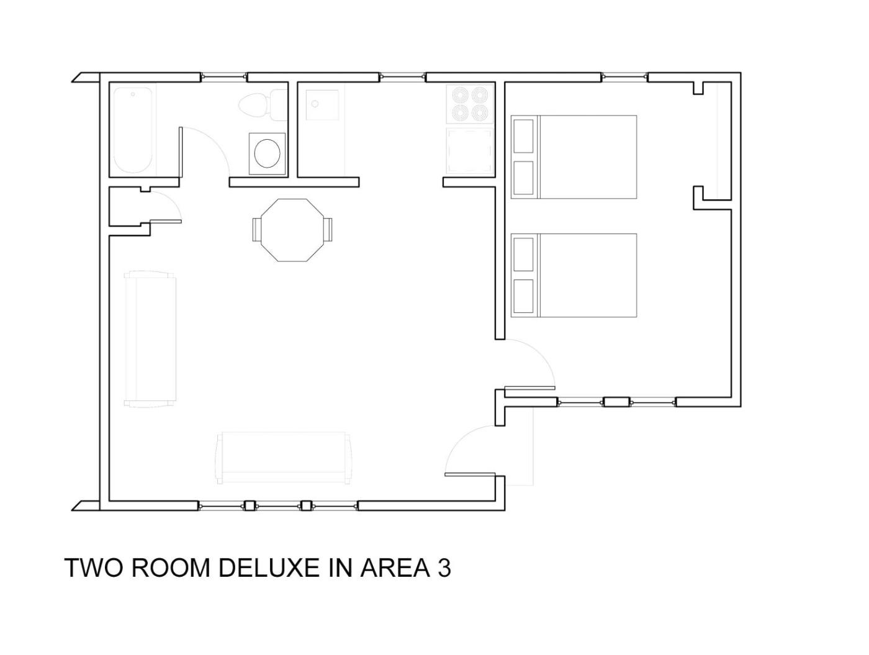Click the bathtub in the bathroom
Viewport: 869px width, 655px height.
pyautogui.click(x=132, y=130)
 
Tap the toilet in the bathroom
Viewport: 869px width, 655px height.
pyautogui.click(x=263, y=105)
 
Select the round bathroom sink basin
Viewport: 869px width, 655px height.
pyautogui.click(x=267, y=153)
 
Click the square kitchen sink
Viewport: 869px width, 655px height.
pyautogui.click(x=322, y=105)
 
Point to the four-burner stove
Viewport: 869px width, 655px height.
pyautogui.click(x=470, y=104)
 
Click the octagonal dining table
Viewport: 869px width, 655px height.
pyautogui.click(x=292, y=230)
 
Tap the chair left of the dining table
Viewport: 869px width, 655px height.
pyautogui.click(x=257, y=230)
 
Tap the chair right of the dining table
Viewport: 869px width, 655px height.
pyautogui.click(x=328, y=230)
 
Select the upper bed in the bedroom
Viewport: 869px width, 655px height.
pyautogui.click(x=574, y=157)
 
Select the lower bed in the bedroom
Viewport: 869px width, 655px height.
pyautogui.click(x=574, y=275)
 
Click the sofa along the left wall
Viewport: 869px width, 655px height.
pyautogui.click(x=150, y=339)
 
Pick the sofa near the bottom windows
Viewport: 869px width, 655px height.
pyautogui.click(x=284, y=458)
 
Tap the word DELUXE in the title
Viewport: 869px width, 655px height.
pyautogui.click(x=268, y=568)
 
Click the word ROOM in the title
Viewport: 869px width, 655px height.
pyautogui.click(x=169, y=568)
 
